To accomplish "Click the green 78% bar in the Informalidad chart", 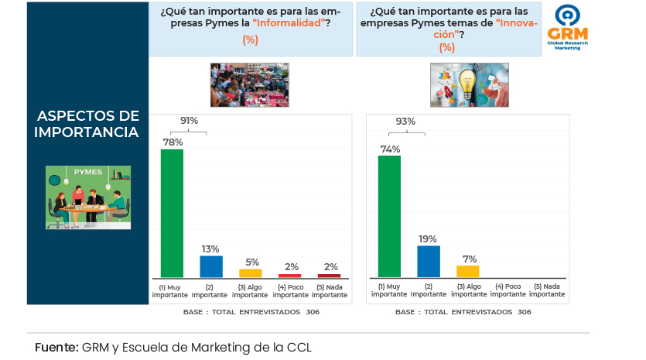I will pyautogui.click(x=172, y=213).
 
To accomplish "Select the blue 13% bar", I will pyautogui.click(x=211, y=266).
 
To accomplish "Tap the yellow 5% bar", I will pyautogui.click(x=251, y=273).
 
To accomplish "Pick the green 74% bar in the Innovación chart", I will pyautogui.click(x=389, y=216).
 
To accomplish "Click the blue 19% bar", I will pyautogui.click(x=429, y=261).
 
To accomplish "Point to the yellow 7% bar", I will pyautogui.click(x=468, y=271).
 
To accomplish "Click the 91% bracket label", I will pyautogui.click(x=189, y=121).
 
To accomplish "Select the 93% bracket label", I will pyautogui.click(x=405, y=121).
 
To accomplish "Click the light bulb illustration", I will pyautogui.click(x=469, y=84).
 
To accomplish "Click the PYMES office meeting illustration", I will pyautogui.click(x=88, y=196).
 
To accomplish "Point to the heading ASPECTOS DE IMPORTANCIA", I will pyautogui.click(x=87, y=124).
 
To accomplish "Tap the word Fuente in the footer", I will pyautogui.click(x=56, y=347).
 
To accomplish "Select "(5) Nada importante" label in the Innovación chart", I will pyautogui.click(x=547, y=290).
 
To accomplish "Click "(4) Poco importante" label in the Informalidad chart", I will pyautogui.click(x=290, y=290).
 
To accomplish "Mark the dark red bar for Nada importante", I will pyautogui.click(x=329, y=275).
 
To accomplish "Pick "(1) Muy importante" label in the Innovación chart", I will pyautogui.click(x=389, y=290).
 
